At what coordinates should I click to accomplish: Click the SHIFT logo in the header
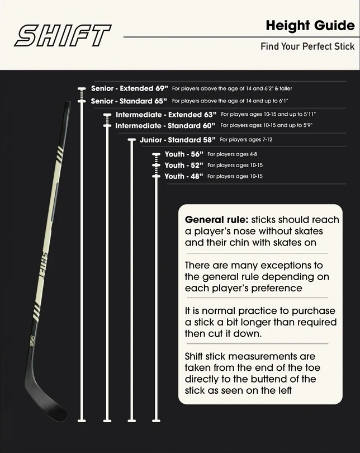tap(62, 35)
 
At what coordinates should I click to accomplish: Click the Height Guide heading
tap(310, 26)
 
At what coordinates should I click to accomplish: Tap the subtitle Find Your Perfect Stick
tap(307, 46)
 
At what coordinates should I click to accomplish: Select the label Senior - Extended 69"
tap(129, 88)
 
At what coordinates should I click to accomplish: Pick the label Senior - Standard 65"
tap(129, 101)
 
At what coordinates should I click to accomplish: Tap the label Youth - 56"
tap(183, 154)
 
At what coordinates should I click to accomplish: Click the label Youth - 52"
tap(183, 166)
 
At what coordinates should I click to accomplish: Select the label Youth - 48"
tap(183, 176)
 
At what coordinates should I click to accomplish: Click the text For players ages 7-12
tap(246, 140)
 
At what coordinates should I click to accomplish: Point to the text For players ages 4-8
tap(232, 154)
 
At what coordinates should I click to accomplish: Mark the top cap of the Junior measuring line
tap(132, 140)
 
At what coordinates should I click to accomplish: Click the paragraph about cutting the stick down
tap(260, 322)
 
